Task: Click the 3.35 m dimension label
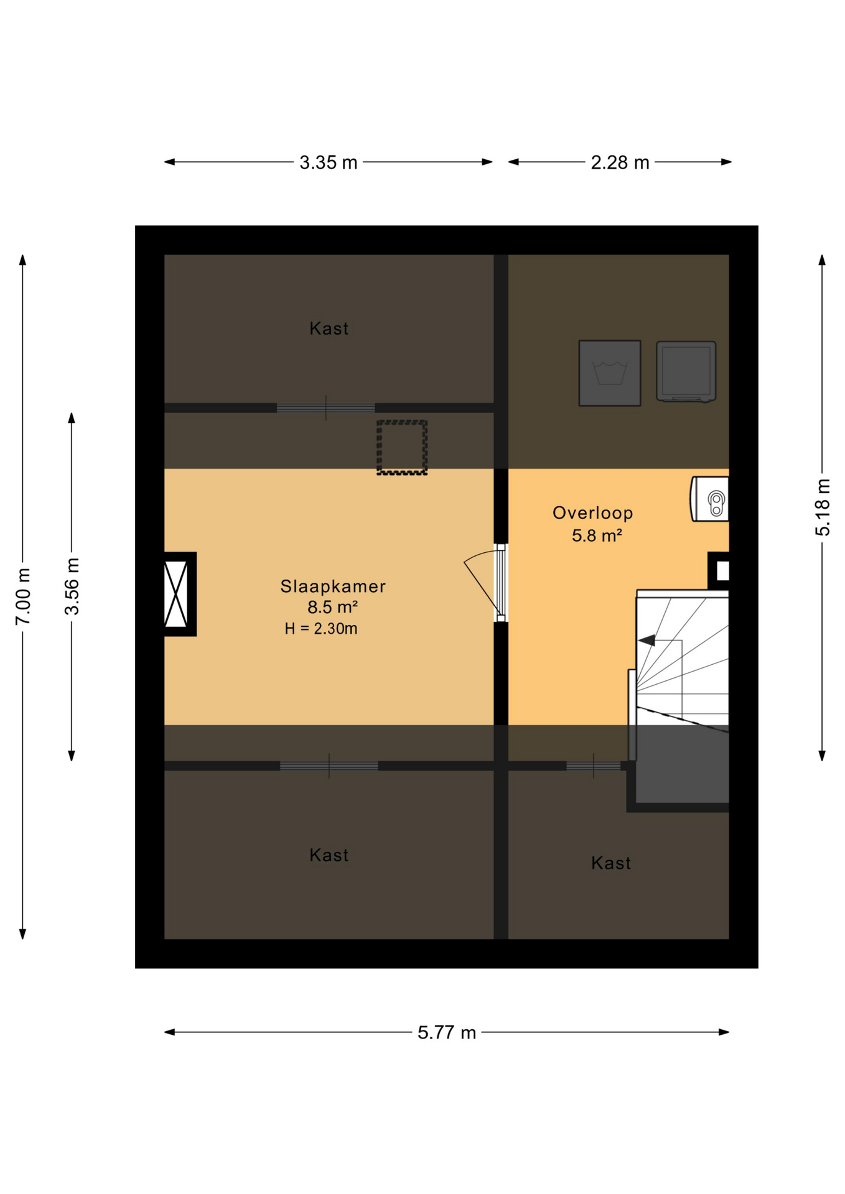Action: (328, 162)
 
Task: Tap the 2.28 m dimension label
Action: (619, 162)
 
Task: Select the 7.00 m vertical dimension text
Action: (23, 596)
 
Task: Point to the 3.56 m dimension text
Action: (72, 586)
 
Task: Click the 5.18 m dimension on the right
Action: (822, 507)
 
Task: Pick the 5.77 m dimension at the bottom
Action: (446, 1032)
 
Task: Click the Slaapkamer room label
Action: (332, 586)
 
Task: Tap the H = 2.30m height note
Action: (320, 629)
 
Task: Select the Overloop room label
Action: (592, 513)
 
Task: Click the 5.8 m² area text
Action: (596, 535)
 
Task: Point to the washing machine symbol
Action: (609, 373)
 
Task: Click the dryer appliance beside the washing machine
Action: (686, 371)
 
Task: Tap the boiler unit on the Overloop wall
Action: (710, 499)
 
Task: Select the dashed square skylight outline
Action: (402, 448)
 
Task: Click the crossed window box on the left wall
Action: (176, 594)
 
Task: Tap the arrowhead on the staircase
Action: (646, 640)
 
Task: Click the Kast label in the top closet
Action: (329, 328)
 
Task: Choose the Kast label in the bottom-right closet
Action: (610, 863)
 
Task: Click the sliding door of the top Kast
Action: (325, 408)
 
